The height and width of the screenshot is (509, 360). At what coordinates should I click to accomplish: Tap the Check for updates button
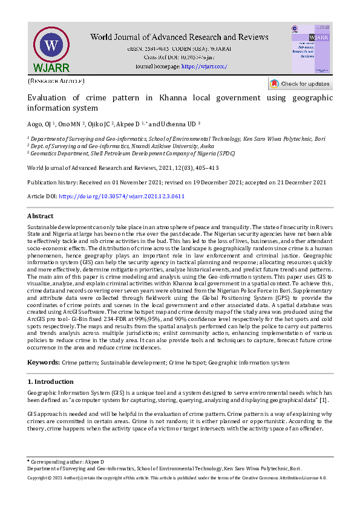300,84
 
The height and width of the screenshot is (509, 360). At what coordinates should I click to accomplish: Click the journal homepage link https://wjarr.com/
205,66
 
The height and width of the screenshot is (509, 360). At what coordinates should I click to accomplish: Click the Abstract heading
41,216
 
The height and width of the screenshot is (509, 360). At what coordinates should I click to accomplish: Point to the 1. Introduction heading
51,382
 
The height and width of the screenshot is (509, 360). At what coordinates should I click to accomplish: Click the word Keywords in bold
43,362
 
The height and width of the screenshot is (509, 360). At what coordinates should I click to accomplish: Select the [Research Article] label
56,81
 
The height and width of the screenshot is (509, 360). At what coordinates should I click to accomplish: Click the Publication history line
177,182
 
